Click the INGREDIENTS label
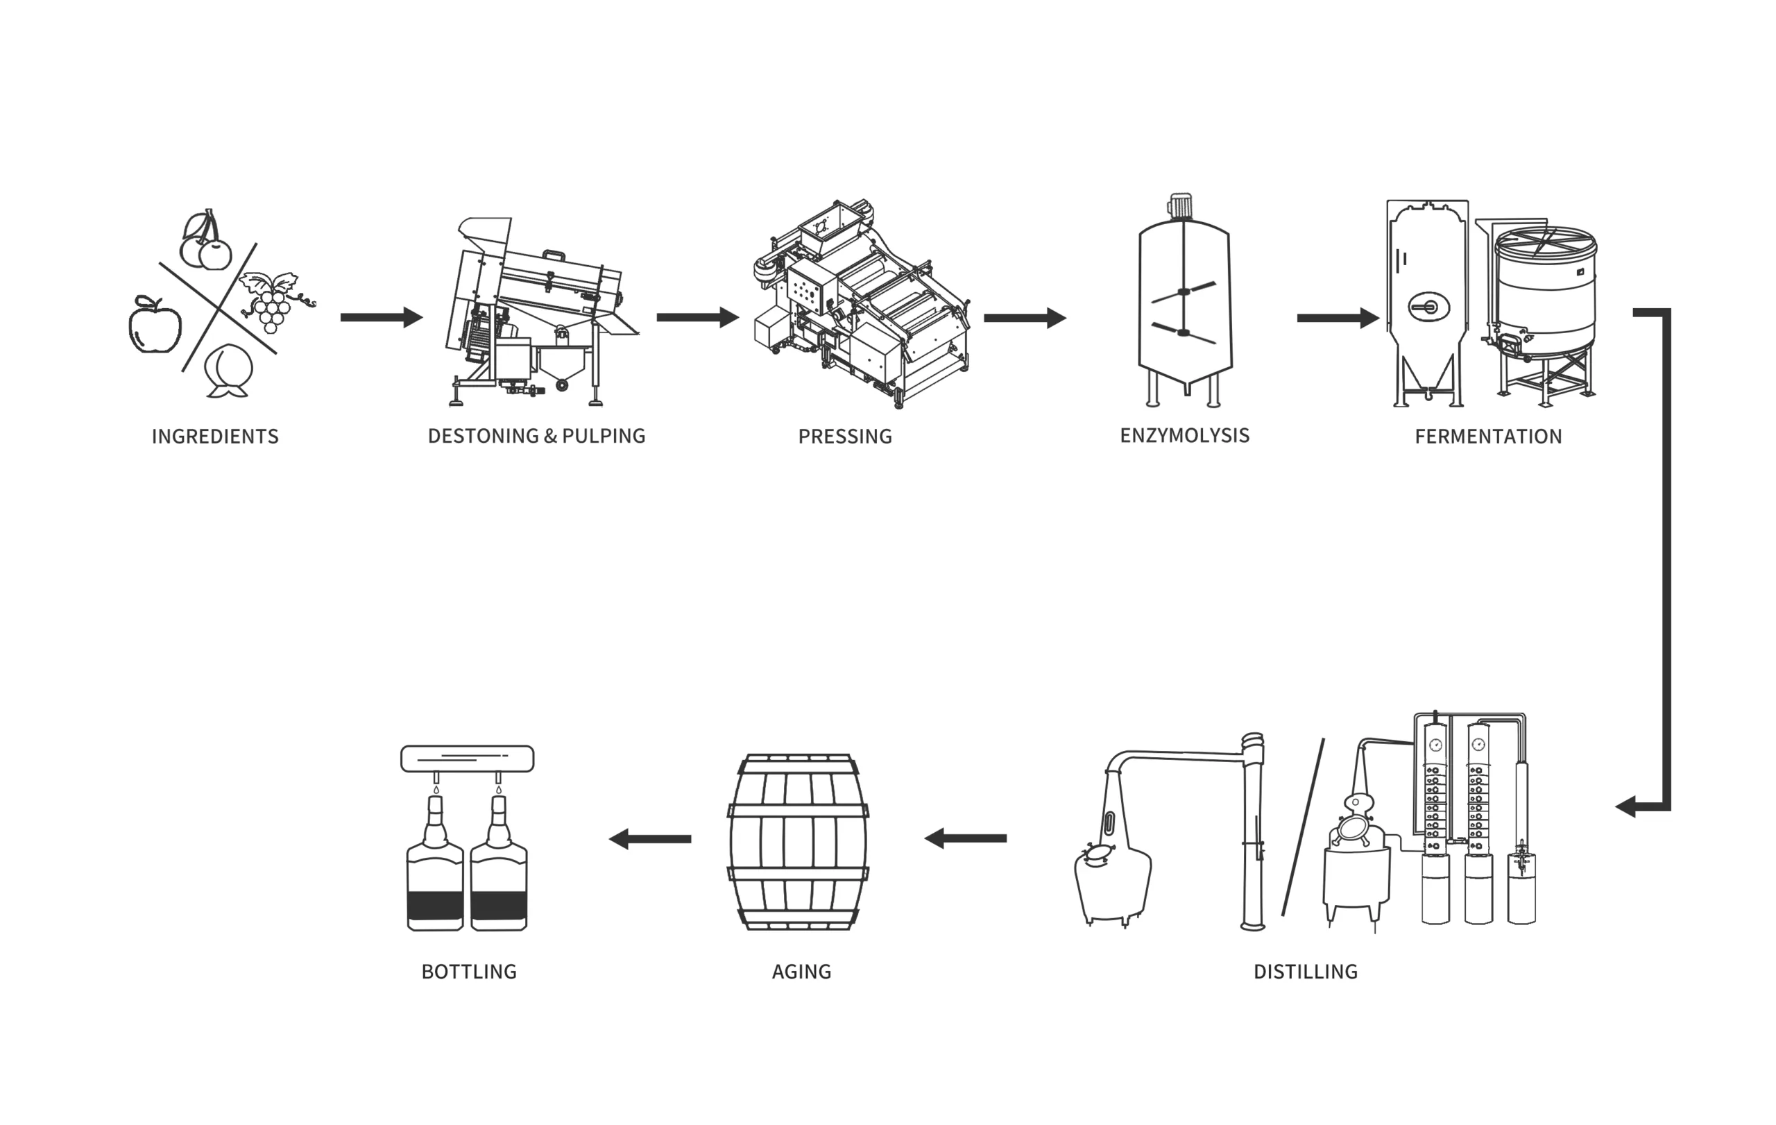pyautogui.click(x=214, y=437)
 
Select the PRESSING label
pyautogui.click(x=844, y=437)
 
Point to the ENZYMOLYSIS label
pyautogui.click(x=1184, y=435)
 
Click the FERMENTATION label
pyautogui.click(x=1487, y=437)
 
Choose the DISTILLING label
pyautogui.click(x=1305, y=972)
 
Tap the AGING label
pyautogui.click(x=801, y=972)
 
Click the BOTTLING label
pyautogui.click(x=468, y=972)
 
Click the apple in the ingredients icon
pyautogui.click(x=155, y=327)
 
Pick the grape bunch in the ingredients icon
pyautogui.click(x=271, y=306)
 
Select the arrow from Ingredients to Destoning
pyautogui.click(x=381, y=317)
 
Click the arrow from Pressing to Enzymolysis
pyautogui.click(x=1025, y=318)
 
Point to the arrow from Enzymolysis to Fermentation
pyautogui.click(x=1337, y=318)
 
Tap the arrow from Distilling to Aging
pyautogui.click(x=966, y=838)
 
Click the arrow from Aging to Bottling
pyautogui.click(x=650, y=839)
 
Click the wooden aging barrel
pyautogui.click(x=798, y=841)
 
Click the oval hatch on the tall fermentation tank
pyautogui.click(x=1428, y=307)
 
